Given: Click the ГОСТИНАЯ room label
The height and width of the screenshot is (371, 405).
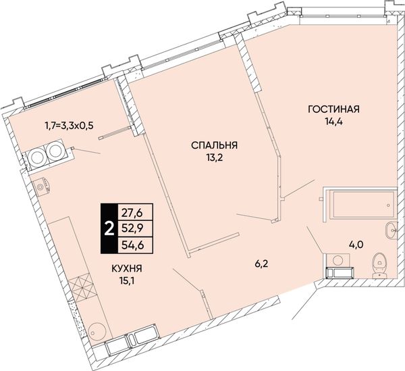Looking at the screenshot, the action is pyautogui.click(x=333, y=109).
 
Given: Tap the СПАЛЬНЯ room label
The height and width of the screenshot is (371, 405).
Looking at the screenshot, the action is pyautogui.click(x=214, y=145).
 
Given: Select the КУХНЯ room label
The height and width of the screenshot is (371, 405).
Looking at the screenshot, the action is pyautogui.click(x=127, y=268).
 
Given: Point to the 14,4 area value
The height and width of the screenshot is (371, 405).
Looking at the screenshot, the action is pyautogui.click(x=333, y=121).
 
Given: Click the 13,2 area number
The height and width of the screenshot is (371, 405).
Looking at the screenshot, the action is pyautogui.click(x=214, y=157).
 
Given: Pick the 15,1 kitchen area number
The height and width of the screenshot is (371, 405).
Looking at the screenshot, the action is pyautogui.click(x=127, y=280).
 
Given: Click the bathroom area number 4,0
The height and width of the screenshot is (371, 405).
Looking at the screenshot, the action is pyautogui.click(x=356, y=245).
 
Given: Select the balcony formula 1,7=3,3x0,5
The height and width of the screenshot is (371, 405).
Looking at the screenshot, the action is pyautogui.click(x=69, y=126).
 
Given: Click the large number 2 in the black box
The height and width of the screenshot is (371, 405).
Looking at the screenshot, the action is pyautogui.click(x=109, y=228).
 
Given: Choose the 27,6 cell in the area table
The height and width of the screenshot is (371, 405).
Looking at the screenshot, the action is pyautogui.click(x=136, y=214).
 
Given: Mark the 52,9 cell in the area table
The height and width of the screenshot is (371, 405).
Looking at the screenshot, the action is pyautogui.click(x=136, y=228).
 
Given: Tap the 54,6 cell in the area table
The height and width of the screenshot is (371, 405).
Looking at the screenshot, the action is pyautogui.click(x=136, y=245).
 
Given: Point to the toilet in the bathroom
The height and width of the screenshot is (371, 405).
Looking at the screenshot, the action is pyautogui.click(x=379, y=265).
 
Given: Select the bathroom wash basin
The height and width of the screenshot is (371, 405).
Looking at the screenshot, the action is pyautogui.click(x=391, y=230).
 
